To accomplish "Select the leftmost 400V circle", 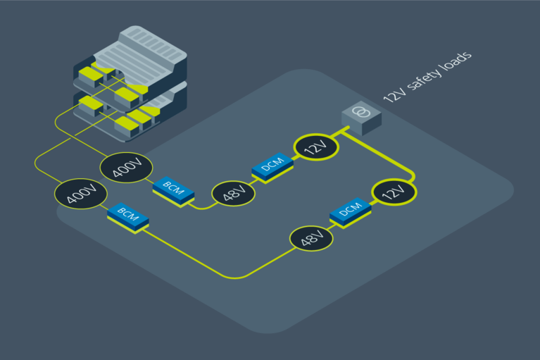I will [81, 195].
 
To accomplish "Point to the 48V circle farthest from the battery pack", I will [310, 240].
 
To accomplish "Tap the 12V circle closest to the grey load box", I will [315, 148].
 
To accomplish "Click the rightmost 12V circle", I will [394, 192].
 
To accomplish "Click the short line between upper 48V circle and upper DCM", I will [250, 180].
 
